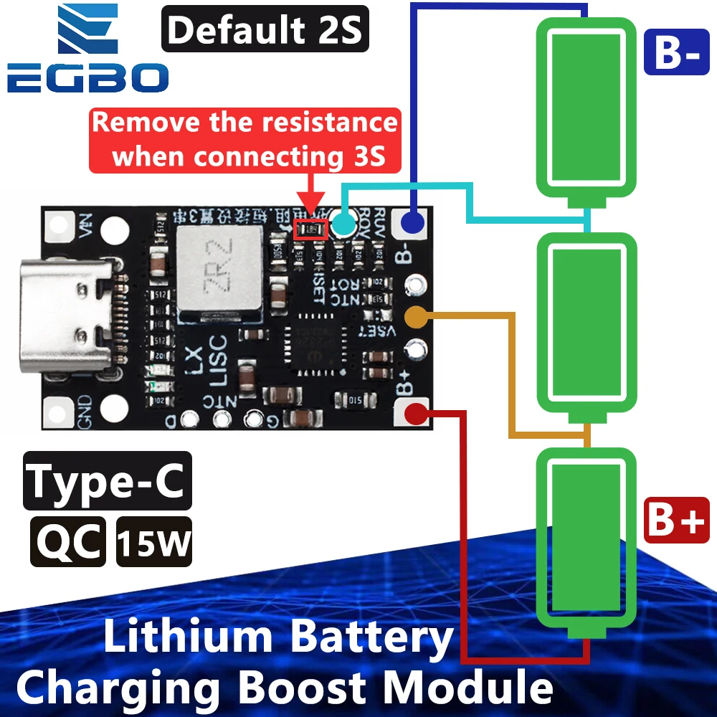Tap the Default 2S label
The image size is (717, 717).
265,31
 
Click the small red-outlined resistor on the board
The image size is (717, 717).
310,229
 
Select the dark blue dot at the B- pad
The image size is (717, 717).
412,223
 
